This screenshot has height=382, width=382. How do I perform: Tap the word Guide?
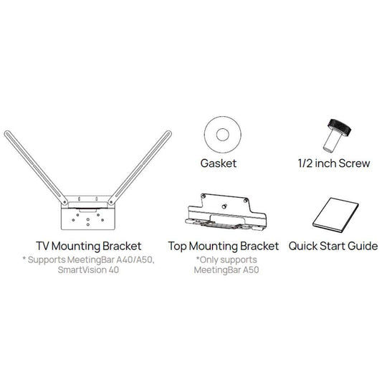[362, 246]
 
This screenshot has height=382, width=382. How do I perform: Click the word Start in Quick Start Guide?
[335, 246]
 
